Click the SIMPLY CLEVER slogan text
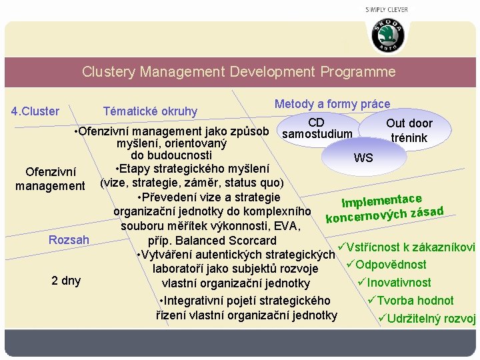click(x=387, y=10)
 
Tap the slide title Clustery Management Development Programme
click(x=239, y=72)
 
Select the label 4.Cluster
click(x=35, y=111)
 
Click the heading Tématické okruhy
click(x=150, y=111)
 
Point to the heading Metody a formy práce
click(x=332, y=103)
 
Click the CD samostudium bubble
click(x=317, y=129)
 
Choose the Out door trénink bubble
click(x=409, y=131)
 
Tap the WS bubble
click(x=363, y=158)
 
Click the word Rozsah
click(x=69, y=239)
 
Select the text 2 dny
click(x=66, y=280)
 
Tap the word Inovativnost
click(x=399, y=283)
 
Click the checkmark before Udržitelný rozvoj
click(x=383, y=318)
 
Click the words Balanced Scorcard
click(x=227, y=240)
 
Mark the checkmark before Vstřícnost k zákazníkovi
click(x=341, y=246)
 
